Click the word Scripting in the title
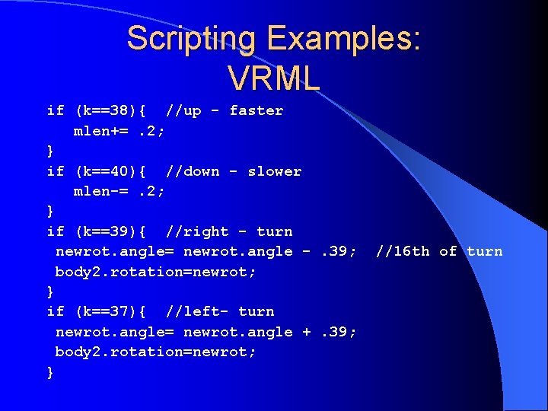pyautogui.click(x=193, y=39)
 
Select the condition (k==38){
pyautogui.click(x=113, y=110)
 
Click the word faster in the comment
pyautogui.click(x=256, y=110)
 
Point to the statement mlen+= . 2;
pyautogui.click(x=119, y=131)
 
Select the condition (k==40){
pyautogui.click(x=113, y=171)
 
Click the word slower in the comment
pyautogui.click(x=274, y=171)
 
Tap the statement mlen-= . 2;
pyautogui.click(x=119, y=191)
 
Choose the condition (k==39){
pyautogui.click(x=113, y=231)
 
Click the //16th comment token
pyautogui.click(x=403, y=251)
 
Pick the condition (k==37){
pyautogui.click(x=113, y=311)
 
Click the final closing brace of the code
pyautogui.click(x=50, y=372)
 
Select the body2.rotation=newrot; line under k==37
pyautogui.click(x=155, y=352)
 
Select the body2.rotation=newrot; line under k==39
pyautogui.click(x=155, y=271)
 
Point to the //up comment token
pyautogui.click(x=183, y=110)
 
